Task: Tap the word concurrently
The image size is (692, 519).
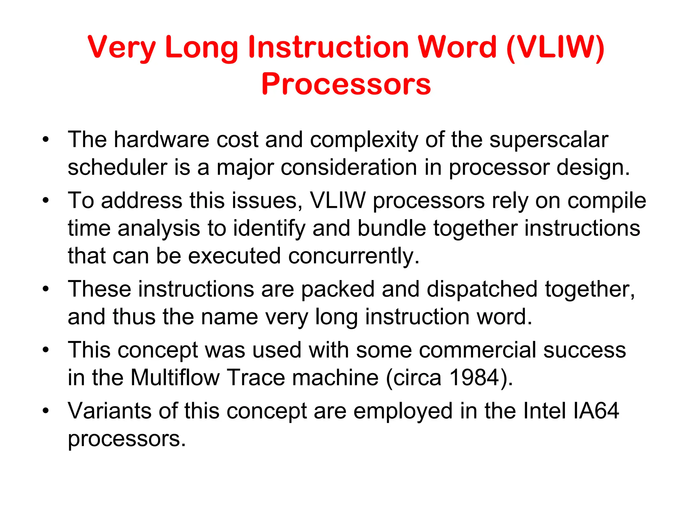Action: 354,256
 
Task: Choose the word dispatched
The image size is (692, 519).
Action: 482,289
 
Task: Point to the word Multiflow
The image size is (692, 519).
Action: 175,377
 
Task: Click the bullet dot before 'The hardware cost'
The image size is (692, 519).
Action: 46,140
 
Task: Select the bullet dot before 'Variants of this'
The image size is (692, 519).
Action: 46,411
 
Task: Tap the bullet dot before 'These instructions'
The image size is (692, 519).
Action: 46,290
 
